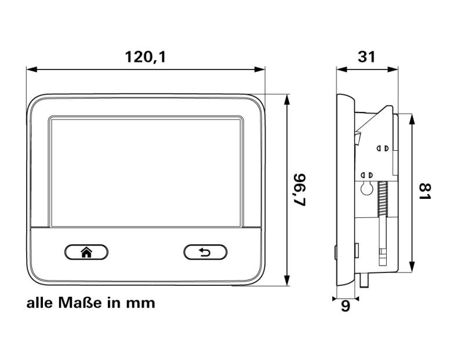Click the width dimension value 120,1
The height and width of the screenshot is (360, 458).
click(x=146, y=57)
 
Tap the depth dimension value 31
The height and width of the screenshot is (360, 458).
click(x=367, y=57)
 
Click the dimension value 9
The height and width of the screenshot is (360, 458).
click(x=346, y=306)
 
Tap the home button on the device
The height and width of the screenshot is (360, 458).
click(x=86, y=252)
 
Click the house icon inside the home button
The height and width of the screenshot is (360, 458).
click(x=86, y=252)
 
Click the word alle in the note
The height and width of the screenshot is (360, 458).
click(x=38, y=303)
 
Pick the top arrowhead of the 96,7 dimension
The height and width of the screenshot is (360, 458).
click(x=288, y=99)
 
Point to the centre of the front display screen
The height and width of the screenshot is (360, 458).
click(x=146, y=172)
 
